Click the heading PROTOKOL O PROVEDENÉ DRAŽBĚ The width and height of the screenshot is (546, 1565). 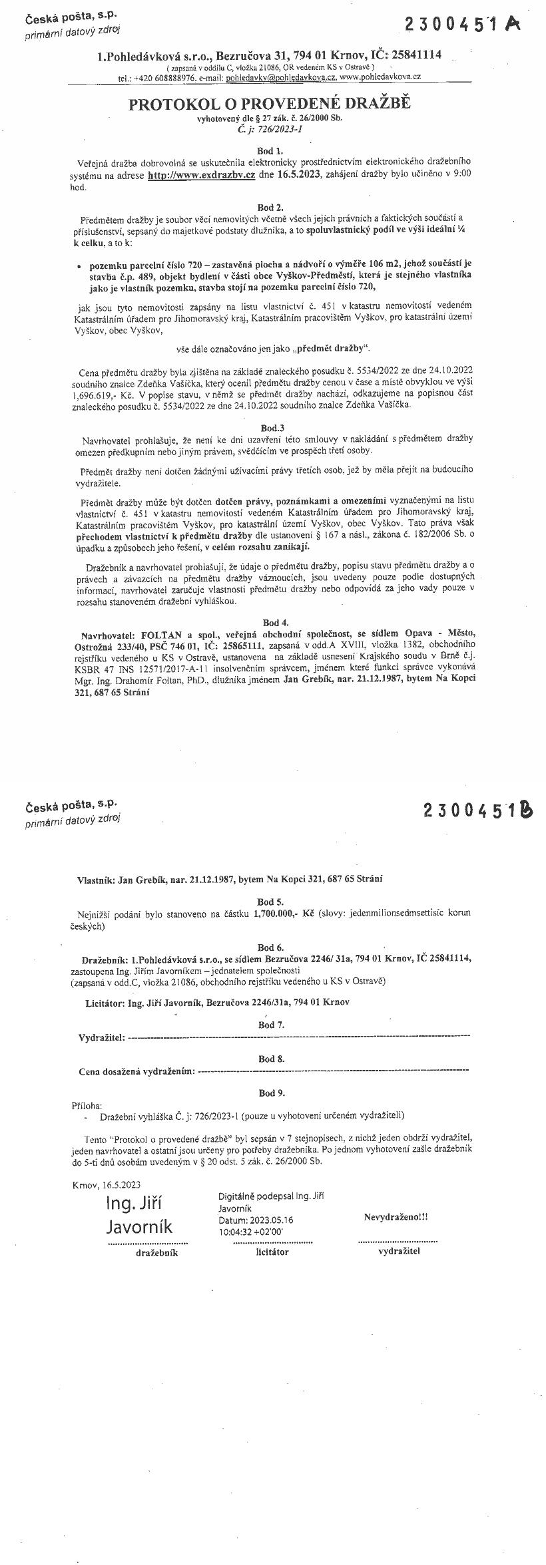pyautogui.click(x=270, y=104)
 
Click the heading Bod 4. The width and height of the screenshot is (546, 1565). pyautogui.click(x=275, y=623)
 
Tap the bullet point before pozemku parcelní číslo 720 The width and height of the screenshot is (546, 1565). pyautogui.click(x=79, y=265)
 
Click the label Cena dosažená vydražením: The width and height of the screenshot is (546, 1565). pyautogui.click(x=137, y=1071)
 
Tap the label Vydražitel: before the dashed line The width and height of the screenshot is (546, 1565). pyautogui.click(x=101, y=1037)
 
